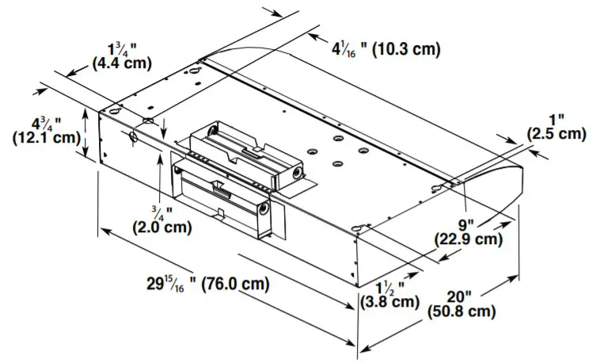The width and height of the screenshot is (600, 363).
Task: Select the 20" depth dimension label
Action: [x=462, y=295]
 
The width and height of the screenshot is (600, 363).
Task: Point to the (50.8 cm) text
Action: [x=461, y=311]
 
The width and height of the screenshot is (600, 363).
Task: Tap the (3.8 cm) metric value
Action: [x=389, y=301]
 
